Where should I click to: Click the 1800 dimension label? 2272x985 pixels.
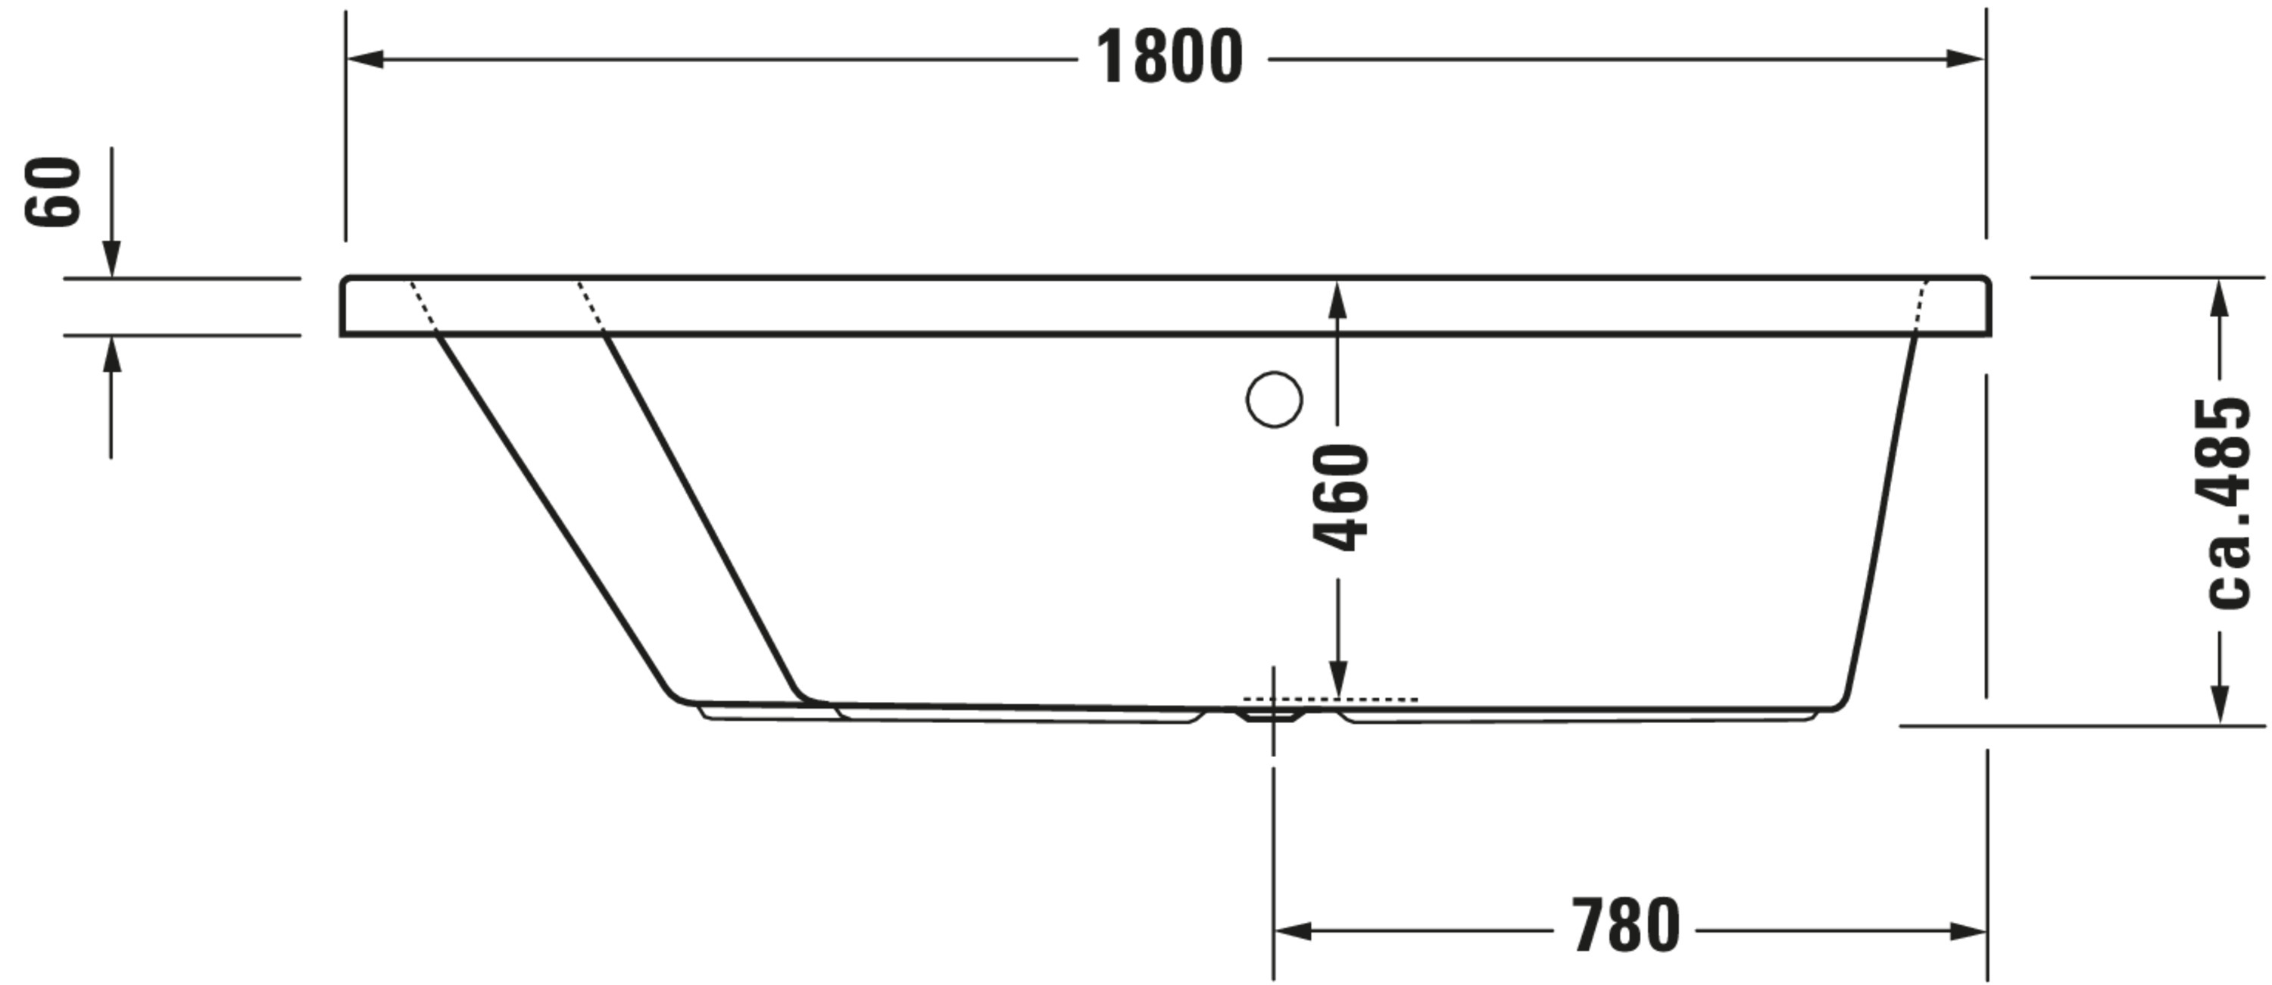pos(1169,58)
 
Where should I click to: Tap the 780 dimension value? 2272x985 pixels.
pos(1625,926)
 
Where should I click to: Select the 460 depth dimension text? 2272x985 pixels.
pos(1340,498)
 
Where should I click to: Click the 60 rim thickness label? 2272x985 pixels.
pos(53,192)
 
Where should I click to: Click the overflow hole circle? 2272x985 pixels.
pos(1274,400)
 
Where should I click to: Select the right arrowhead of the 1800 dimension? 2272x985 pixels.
pos(1965,59)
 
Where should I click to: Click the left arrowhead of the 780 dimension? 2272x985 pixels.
pos(1293,930)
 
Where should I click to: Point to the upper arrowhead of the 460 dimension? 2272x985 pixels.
pos(1337,299)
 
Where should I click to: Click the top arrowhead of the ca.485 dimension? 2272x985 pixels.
pos(2221,298)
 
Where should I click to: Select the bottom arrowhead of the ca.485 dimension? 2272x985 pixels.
pos(2221,706)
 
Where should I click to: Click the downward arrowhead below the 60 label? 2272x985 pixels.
pos(111,260)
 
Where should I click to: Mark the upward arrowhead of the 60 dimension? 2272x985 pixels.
pos(111,354)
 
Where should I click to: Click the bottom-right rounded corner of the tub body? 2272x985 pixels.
pos(1840,703)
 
